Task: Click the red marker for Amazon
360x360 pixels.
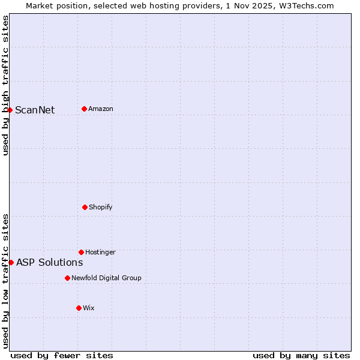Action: pyautogui.click(x=84, y=109)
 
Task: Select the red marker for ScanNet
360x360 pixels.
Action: pyautogui.click(x=10, y=110)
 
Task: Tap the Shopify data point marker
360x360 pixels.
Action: pyautogui.click(x=85, y=207)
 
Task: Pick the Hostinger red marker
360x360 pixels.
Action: pyautogui.click(x=81, y=252)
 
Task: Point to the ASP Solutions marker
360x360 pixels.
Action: pyautogui.click(x=11, y=262)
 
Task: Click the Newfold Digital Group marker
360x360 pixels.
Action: pyautogui.click(x=67, y=278)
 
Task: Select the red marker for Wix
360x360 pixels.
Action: pyautogui.click(x=79, y=308)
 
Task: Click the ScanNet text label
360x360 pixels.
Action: pyautogui.click(x=35, y=110)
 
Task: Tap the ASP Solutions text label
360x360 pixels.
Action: pyautogui.click(x=49, y=262)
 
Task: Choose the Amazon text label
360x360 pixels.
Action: pyautogui.click(x=101, y=109)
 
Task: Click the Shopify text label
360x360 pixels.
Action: pyautogui.click(x=101, y=207)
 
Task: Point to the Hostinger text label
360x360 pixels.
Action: pyautogui.click(x=100, y=252)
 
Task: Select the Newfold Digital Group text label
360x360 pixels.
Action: pyautogui.click(x=106, y=278)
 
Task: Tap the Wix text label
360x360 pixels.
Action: pyautogui.click(x=89, y=308)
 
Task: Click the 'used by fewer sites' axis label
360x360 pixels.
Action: pyautogui.click(x=62, y=355)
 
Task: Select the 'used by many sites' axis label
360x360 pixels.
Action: pyautogui.click(x=301, y=355)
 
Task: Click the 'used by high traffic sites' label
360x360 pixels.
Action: pyautogui.click(x=5, y=85)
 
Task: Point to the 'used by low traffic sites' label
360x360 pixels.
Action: pyautogui.click(x=5, y=281)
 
